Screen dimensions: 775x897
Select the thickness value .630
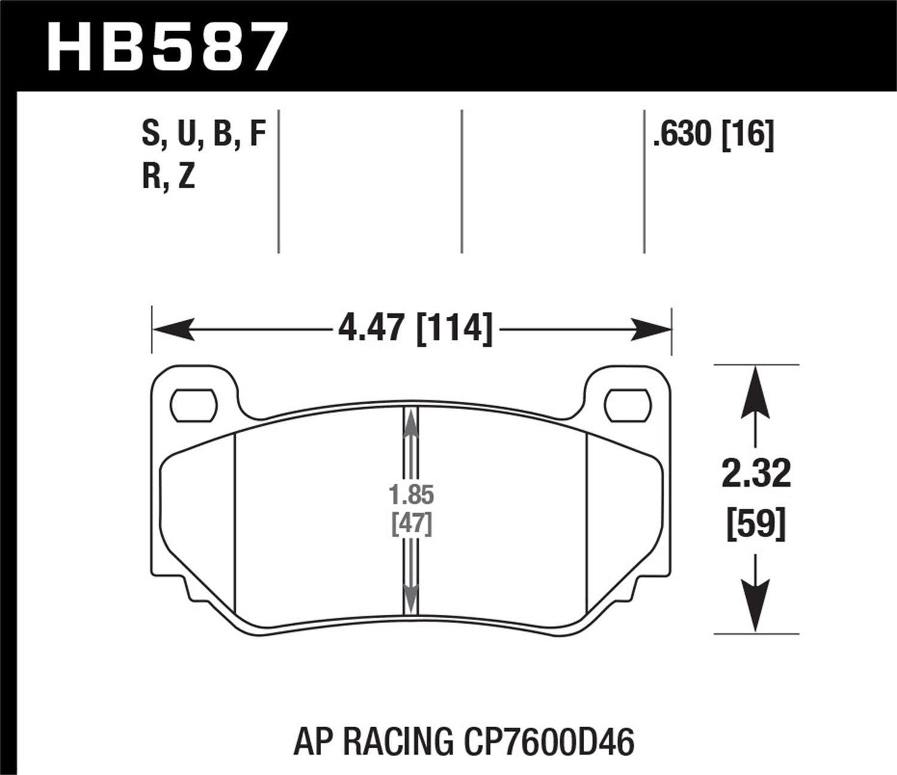pyautogui.click(x=682, y=135)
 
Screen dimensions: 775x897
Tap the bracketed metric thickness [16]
pyautogui.click(x=748, y=135)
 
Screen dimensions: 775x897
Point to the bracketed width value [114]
pyautogui.click(x=455, y=328)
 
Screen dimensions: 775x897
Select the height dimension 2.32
pyautogui.click(x=756, y=474)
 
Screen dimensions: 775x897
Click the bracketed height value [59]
pyautogui.click(x=756, y=525)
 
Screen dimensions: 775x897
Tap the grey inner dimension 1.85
pyautogui.click(x=411, y=495)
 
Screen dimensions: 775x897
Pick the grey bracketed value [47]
pyautogui.click(x=411, y=524)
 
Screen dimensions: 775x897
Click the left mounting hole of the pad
pyautogui.click(x=193, y=405)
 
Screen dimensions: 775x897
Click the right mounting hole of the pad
pyautogui.click(x=627, y=405)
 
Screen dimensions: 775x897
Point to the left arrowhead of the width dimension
pyautogui.click(x=173, y=329)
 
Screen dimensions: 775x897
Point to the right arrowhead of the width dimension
pyautogui.click(x=651, y=329)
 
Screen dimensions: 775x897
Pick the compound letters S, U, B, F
pyautogui.click(x=203, y=135)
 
